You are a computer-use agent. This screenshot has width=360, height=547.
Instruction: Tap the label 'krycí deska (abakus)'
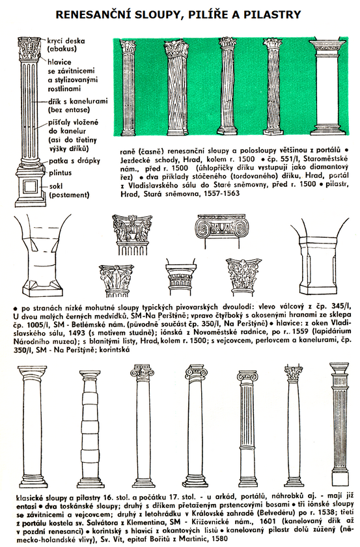pyautogui.click(x=66, y=45)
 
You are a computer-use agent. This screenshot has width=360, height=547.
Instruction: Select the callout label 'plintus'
pyautogui.click(x=61, y=173)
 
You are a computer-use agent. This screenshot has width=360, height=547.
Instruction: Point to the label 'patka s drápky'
pyautogui.click(x=74, y=161)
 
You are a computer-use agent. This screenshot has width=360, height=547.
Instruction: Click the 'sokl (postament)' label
pyautogui.click(x=69, y=190)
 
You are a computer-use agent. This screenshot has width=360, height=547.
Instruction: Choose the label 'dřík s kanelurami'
pyautogui.click(x=78, y=102)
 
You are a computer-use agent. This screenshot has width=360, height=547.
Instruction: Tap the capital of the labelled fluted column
pyautogui.click(x=31, y=48)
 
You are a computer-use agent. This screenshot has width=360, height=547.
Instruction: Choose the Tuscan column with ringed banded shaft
pyautogui.click(x=90, y=427)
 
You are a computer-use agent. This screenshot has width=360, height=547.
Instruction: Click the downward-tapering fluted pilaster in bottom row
pyautogui.click(x=339, y=423)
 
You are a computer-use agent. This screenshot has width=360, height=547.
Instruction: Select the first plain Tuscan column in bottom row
pyautogui.click(x=32, y=426)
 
